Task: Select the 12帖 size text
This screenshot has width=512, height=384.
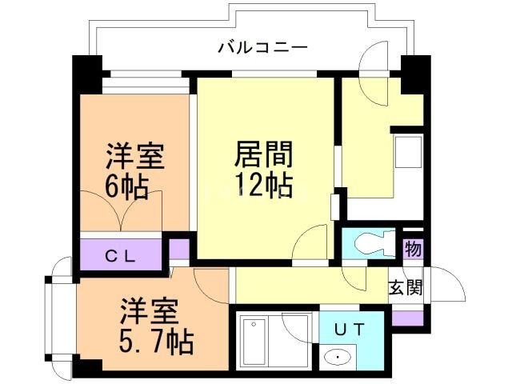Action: click(x=262, y=186)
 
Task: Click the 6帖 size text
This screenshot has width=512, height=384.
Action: click(x=126, y=187)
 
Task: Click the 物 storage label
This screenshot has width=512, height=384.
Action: click(x=413, y=249)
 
